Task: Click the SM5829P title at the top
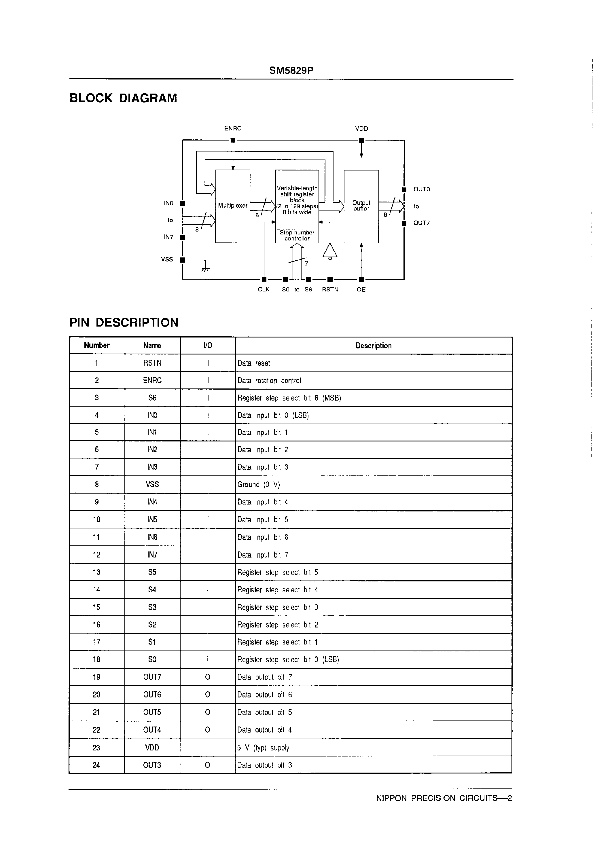pyautogui.click(x=291, y=71)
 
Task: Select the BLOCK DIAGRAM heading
pyautogui.click(x=123, y=98)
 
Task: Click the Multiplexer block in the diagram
pyautogui.click(x=233, y=206)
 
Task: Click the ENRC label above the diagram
pyautogui.click(x=233, y=128)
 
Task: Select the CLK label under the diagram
pyautogui.click(x=264, y=289)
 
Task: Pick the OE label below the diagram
pyautogui.click(x=361, y=289)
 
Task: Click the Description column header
pyautogui.click(x=374, y=346)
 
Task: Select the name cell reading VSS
pyautogui.click(x=152, y=484)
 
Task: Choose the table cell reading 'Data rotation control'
pyautogui.click(x=269, y=381)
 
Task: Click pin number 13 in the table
pyautogui.click(x=96, y=572)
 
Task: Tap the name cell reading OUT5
pyautogui.click(x=152, y=712)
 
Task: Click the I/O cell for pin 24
pyautogui.click(x=207, y=765)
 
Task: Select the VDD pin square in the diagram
pyautogui.click(x=361, y=140)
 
